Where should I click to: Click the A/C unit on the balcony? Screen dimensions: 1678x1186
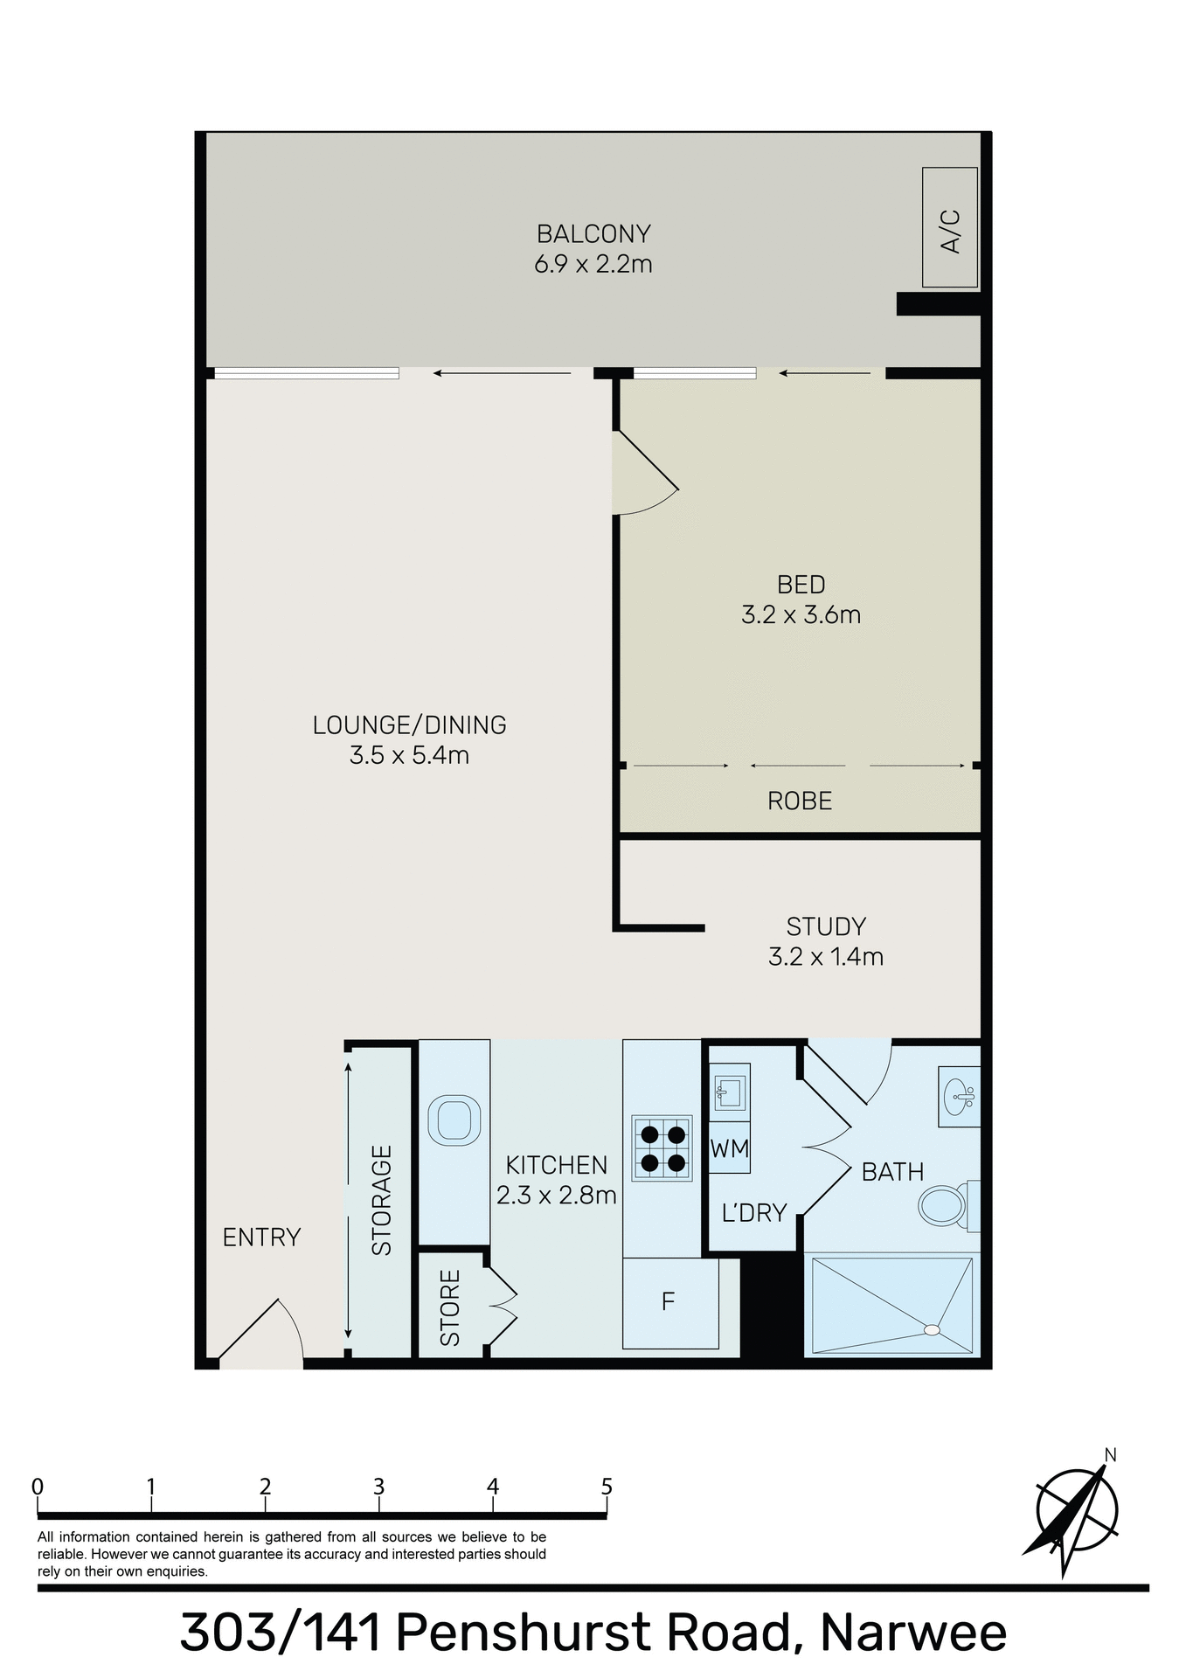click(x=950, y=227)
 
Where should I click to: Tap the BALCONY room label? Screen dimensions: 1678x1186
click(x=593, y=234)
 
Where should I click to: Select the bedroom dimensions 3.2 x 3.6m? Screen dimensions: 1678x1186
click(x=801, y=615)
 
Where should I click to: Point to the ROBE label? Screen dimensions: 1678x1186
click(x=799, y=801)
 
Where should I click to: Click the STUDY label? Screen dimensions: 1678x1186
click(x=826, y=926)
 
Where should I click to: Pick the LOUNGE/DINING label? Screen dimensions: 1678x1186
click(x=409, y=725)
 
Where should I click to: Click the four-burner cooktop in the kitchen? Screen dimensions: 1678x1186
click(x=662, y=1148)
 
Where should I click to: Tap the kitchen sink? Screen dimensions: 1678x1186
click(x=454, y=1120)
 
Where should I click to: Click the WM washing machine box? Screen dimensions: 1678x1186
click(x=729, y=1148)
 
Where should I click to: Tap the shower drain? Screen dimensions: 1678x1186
click(x=932, y=1330)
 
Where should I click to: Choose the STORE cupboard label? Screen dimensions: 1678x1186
click(x=450, y=1307)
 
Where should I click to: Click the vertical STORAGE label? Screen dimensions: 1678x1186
click(x=382, y=1200)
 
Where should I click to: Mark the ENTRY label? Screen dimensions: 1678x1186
click(x=261, y=1237)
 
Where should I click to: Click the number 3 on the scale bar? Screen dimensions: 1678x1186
click(x=378, y=1487)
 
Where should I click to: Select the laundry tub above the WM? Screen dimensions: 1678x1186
click(x=728, y=1091)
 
